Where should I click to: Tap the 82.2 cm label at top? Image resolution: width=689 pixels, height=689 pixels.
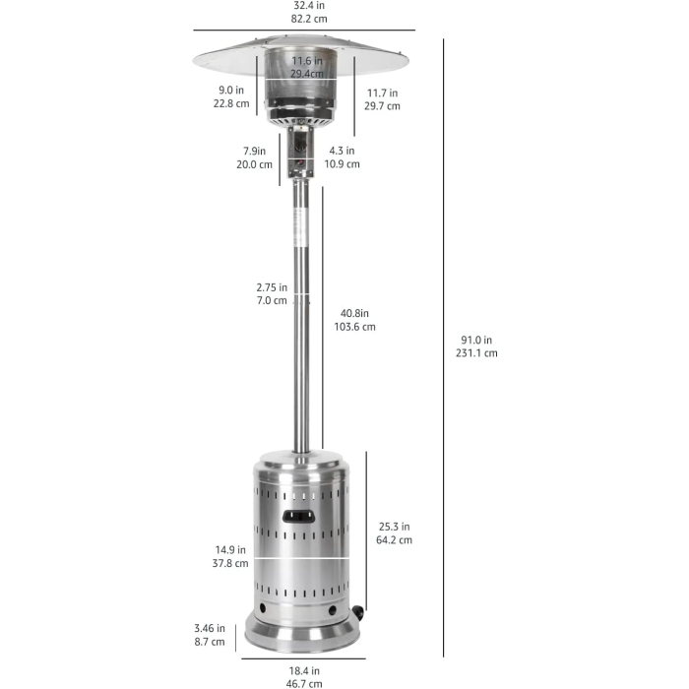[302, 20]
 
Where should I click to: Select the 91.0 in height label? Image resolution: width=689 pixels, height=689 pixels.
[477, 341]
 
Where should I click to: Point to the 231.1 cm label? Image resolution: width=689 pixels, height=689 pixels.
[477, 353]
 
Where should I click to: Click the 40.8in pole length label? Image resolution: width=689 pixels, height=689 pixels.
[355, 314]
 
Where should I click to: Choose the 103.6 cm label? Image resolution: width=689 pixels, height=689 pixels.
[355, 327]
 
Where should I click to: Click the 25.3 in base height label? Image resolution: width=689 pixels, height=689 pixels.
[393, 527]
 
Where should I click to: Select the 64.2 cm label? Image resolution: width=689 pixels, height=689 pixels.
[393, 539]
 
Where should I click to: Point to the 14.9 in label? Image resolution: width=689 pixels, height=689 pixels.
[231, 550]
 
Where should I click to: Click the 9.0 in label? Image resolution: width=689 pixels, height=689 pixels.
[232, 91]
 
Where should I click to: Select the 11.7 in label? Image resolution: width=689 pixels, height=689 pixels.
[382, 94]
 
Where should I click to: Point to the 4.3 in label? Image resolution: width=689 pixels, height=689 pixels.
[343, 152]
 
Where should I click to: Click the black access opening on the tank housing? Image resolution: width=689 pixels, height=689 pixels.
[299, 516]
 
